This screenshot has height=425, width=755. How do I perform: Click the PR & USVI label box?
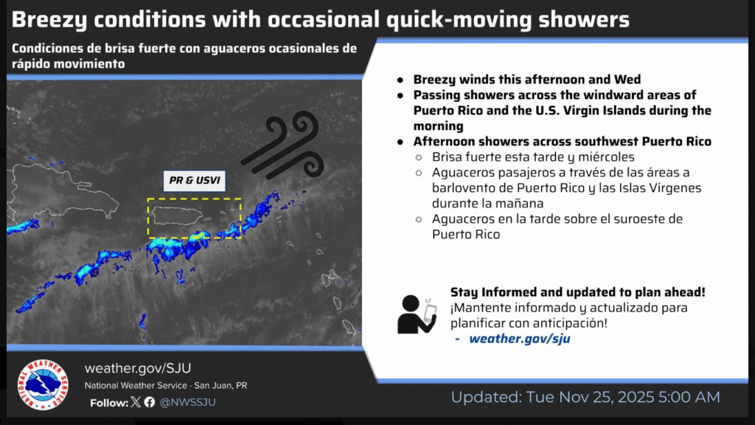point(194,181)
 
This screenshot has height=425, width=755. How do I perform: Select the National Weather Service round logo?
point(43,385)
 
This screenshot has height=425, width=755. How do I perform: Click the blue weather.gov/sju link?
point(520,339)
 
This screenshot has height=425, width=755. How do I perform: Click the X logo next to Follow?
point(136,402)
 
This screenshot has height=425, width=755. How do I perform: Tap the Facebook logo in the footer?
point(150,402)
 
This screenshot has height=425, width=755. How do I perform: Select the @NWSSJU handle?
point(187,402)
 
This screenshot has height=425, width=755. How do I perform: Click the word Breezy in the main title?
point(49,20)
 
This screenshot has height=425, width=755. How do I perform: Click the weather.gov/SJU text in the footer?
point(138,368)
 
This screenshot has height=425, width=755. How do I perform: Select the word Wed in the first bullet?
point(627,79)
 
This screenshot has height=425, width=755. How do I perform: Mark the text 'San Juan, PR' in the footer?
point(220,385)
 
